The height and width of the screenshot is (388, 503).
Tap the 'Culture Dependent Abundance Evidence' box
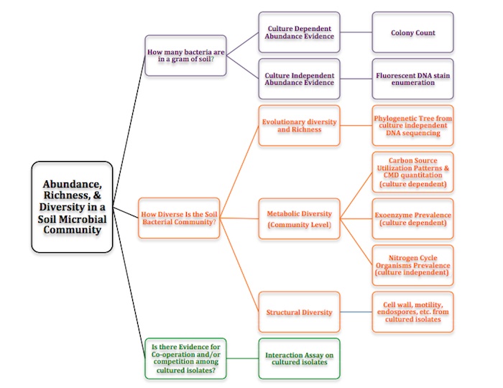(297, 32)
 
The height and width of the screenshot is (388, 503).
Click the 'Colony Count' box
(413, 32)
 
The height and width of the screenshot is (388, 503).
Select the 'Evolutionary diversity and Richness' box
(297, 126)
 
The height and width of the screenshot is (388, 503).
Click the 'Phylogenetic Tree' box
(413, 126)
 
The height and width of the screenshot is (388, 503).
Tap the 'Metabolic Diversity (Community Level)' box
(297, 218)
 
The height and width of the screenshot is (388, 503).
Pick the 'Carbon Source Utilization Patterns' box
(413, 172)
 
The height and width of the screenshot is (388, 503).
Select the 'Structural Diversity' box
(297, 312)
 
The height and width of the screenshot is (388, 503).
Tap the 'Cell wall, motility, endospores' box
(413, 312)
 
